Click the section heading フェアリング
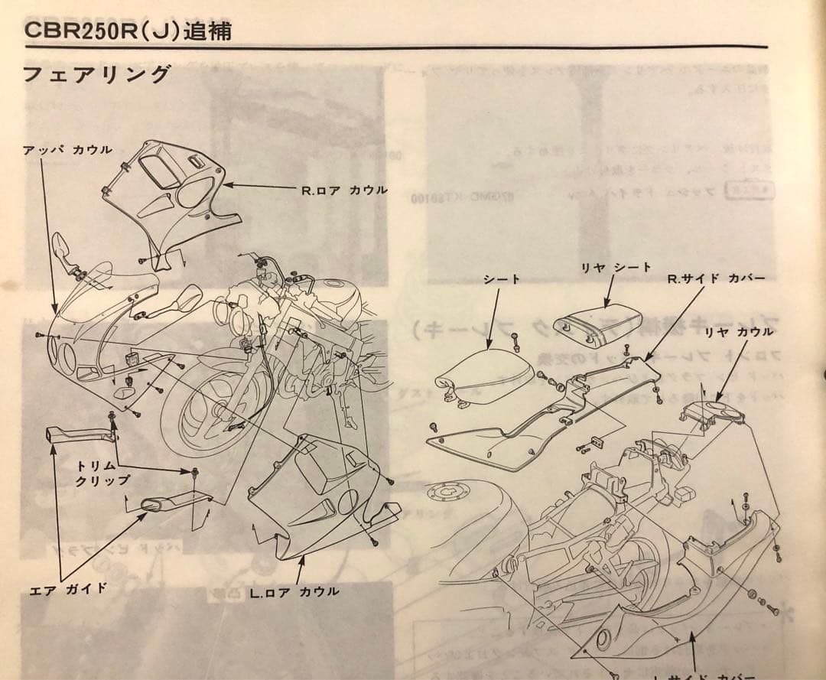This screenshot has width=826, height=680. tap(96, 75)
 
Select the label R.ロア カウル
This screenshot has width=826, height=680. tap(344, 189)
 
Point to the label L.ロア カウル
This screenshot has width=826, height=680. tap(294, 591)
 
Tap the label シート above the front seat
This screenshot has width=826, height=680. tap(502, 279)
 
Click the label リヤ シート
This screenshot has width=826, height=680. tap(616, 267)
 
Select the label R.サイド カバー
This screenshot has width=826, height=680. tap(716, 277)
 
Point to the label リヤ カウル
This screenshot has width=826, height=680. tap(739, 331)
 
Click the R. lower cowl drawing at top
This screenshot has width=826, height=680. tap(172, 195)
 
